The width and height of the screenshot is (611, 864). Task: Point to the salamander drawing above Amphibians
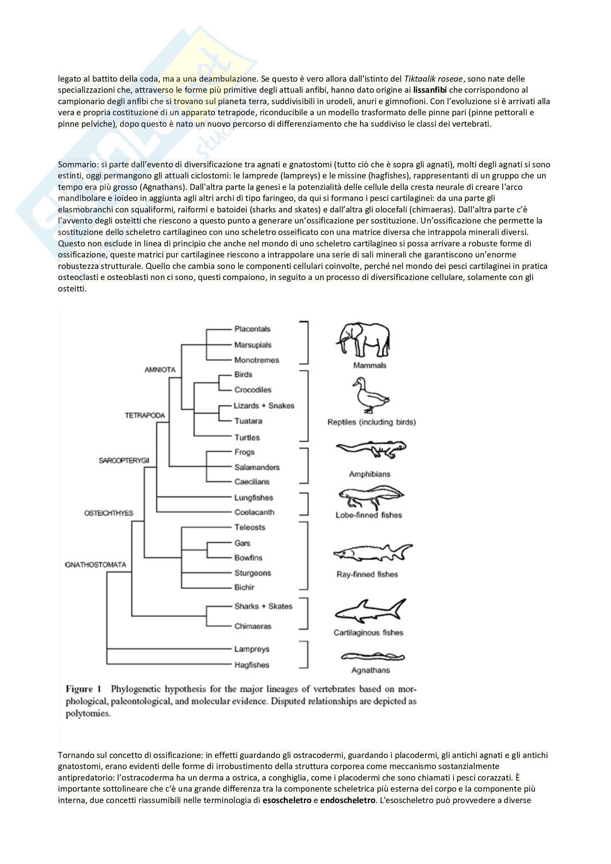pos(371,450)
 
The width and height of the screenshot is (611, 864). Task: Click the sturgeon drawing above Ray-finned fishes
pos(372,553)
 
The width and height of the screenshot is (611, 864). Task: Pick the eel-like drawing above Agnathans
pos(372,657)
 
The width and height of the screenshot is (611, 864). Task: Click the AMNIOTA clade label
pos(160,369)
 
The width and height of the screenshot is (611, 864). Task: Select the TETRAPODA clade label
pos(145,416)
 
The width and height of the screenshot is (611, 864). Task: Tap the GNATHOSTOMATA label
pos(96,565)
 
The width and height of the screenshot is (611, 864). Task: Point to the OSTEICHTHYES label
pos(109,513)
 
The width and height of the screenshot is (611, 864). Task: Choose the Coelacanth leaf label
pos(254,512)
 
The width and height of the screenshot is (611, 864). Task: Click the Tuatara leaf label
pos(248,421)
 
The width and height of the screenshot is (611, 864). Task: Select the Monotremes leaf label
pos(257,360)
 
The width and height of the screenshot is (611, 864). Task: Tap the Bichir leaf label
pos(245,587)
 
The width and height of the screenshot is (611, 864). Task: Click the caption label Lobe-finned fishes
pos(369,515)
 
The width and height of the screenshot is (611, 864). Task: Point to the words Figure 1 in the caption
pos(83,689)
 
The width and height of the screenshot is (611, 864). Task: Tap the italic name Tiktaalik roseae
pos(433,79)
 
